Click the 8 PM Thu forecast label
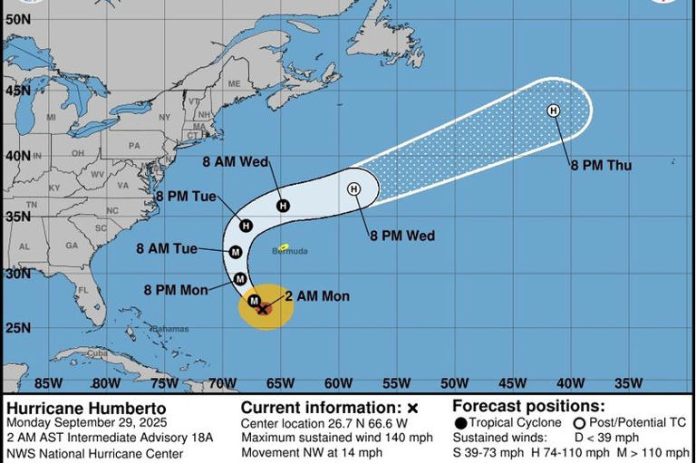[x=601, y=166]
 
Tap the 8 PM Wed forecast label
[x=401, y=236]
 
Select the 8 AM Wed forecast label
[x=234, y=162]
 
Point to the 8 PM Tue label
[x=185, y=196]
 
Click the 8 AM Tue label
[x=167, y=248]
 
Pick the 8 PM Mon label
[x=175, y=290]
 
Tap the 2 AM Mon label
[x=316, y=296]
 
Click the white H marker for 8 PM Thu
[x=553, y=111]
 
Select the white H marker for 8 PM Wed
[x=354, y=188]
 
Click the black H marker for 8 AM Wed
[x=284, y=207]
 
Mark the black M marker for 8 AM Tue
[x=236, y=252]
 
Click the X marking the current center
[x=263, y=309]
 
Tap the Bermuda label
[x=290, y=251]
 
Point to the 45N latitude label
[x=17, y=91]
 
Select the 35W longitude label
[x=627, y=383]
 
